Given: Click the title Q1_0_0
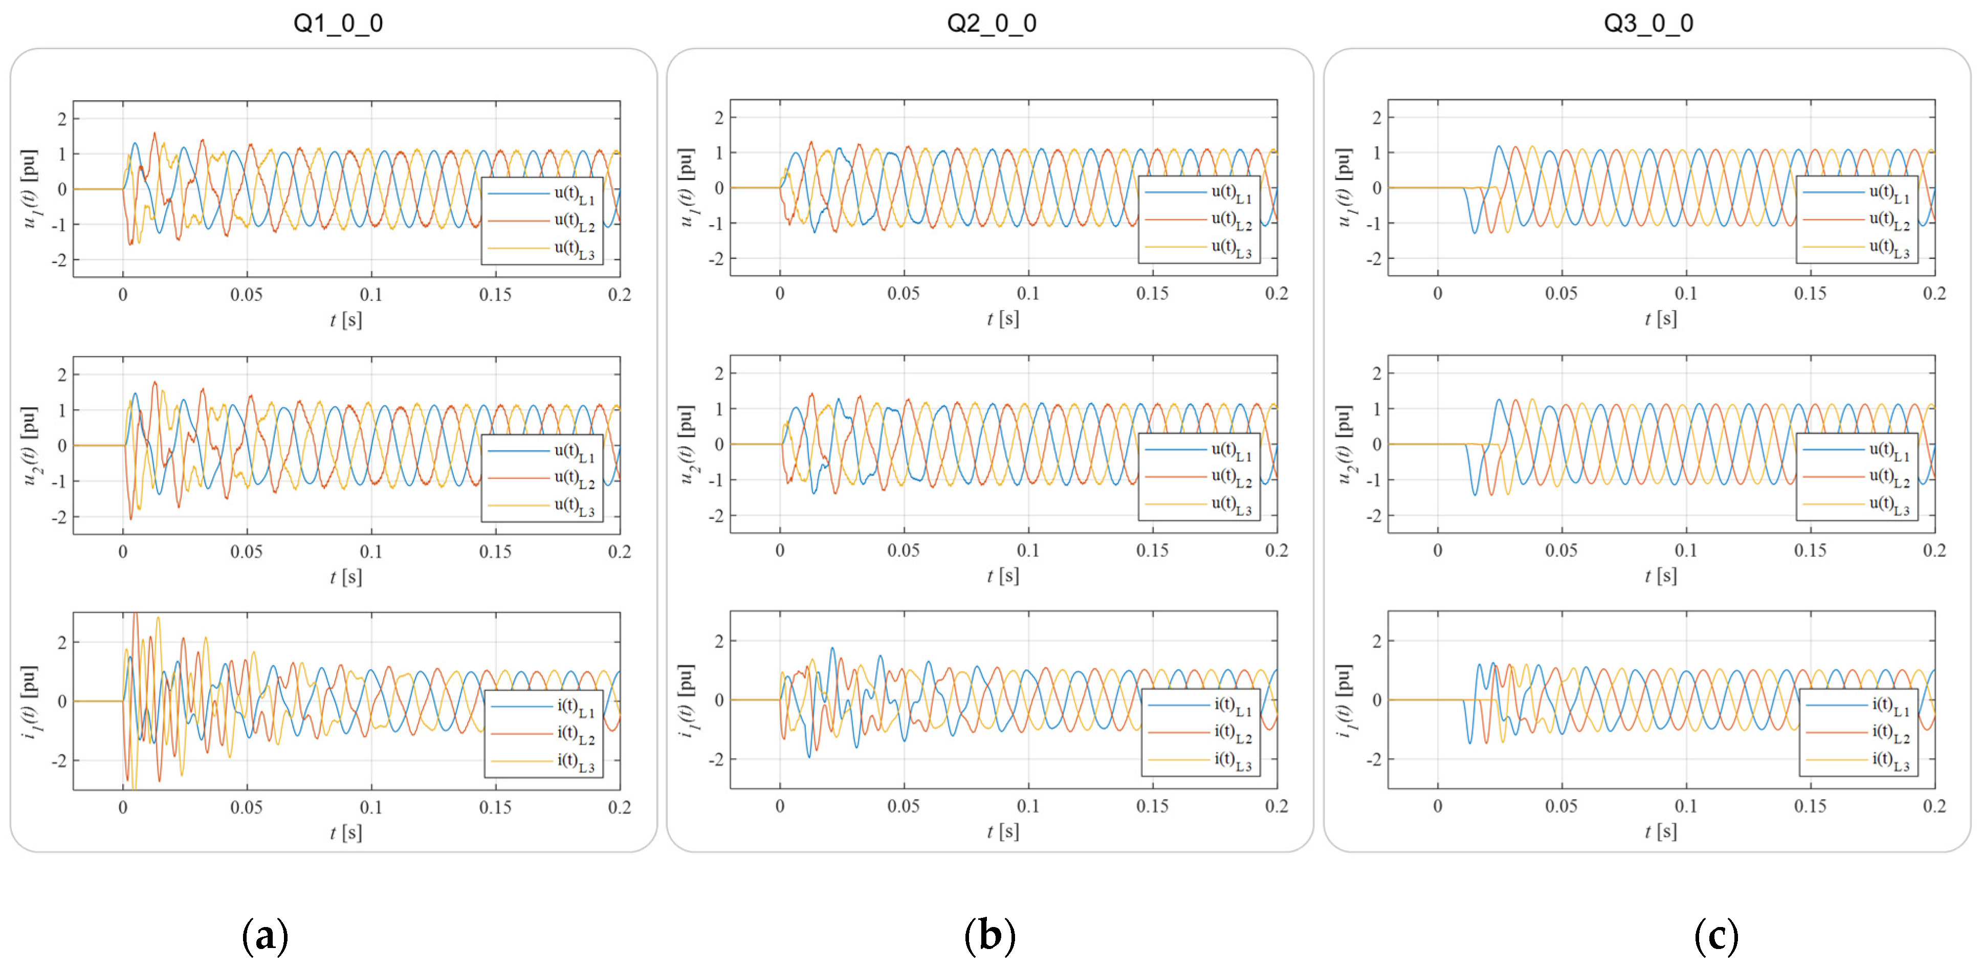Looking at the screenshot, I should pyautogui.click(x=338, y=23).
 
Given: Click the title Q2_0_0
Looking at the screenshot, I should pyautogui.click(x=992, y=23).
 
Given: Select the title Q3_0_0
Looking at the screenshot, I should pyautogui.click(x=1648, y=23).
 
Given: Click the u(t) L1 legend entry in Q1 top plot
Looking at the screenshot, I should pyautogui.click(x=574, y=194).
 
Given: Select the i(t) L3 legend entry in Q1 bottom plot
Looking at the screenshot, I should pyautogui.click(x=575, y=762).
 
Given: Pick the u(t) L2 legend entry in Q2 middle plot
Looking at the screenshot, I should pyautogui.click(x=1231, y=478).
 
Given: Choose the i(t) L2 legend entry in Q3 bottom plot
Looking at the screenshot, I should pyautogui.click(x=1890, y=733).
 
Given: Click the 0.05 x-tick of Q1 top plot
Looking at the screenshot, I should pyautogui.click(x=246, y=295).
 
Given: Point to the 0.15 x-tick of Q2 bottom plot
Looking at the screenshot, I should pyautogui.click(x=1152, y=806).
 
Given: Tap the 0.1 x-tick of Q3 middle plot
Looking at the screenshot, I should pyautogui.click(x=1686, y=550).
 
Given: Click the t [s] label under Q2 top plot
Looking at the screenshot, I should pyautogui.click(x=1003, y=318).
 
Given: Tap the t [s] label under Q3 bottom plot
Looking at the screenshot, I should pyautogui.click(x=1660, y=831).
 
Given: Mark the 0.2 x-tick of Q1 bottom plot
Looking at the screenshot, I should pyautogui.click(x=619, y=807).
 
